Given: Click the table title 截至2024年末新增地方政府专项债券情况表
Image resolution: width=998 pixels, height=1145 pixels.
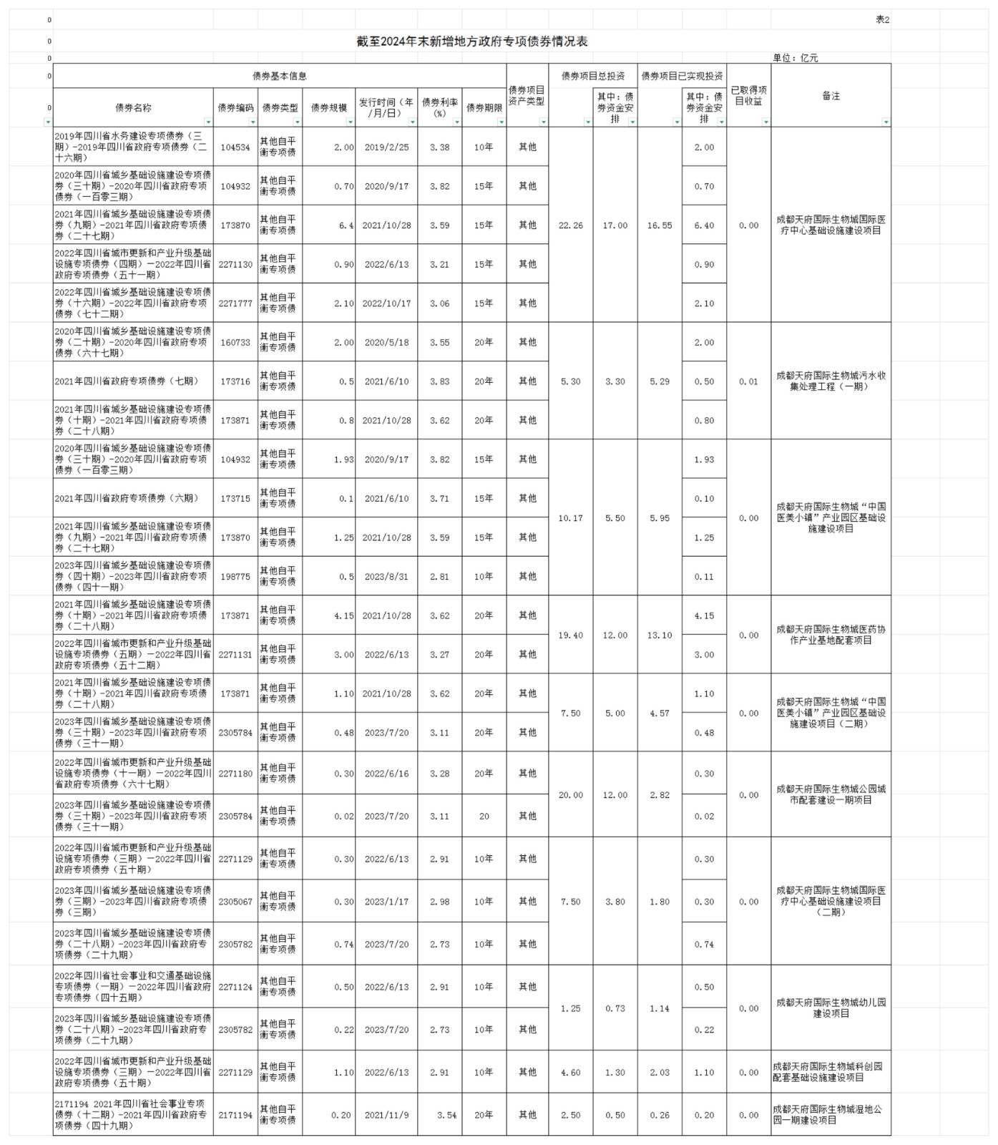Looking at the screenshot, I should coord(472,42).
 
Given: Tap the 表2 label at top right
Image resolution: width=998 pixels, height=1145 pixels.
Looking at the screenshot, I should coord(882,20).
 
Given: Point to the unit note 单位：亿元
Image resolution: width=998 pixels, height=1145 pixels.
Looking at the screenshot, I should coord(795,58).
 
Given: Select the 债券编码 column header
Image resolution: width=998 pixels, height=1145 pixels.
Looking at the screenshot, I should coord(235,107).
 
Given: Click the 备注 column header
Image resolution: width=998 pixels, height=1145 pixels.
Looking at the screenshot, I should coord(831,96).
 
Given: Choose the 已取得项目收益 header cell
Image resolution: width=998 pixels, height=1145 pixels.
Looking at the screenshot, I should coord(748,96).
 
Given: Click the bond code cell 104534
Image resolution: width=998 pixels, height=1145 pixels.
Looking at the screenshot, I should coord(235,147).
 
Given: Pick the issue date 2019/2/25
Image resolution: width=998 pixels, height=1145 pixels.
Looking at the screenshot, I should coord(386,147).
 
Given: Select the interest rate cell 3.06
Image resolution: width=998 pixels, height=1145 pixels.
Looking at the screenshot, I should coord(439,303).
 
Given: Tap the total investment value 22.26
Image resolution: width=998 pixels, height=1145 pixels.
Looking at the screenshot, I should coord(570,225).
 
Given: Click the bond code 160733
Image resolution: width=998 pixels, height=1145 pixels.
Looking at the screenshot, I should coord(235,343).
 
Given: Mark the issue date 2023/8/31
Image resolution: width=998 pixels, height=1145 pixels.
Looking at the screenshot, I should coord(386,577).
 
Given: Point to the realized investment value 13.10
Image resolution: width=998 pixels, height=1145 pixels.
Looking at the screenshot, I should coord(659,635).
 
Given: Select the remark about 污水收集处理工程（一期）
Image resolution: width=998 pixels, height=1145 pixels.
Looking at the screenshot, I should coord(831,381).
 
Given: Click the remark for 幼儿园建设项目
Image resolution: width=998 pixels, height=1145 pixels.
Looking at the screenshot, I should coord(831,1008).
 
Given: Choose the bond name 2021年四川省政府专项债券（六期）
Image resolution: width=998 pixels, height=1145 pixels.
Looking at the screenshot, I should coord(127,499).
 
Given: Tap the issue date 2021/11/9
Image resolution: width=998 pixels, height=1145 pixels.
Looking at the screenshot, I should coord(386,1115).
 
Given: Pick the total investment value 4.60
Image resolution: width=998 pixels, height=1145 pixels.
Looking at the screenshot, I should coord(570,1073).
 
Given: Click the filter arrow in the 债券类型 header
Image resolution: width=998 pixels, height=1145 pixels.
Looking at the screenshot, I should coord(297,122).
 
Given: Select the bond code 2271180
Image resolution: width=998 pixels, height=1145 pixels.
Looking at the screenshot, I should coord(235,774).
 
